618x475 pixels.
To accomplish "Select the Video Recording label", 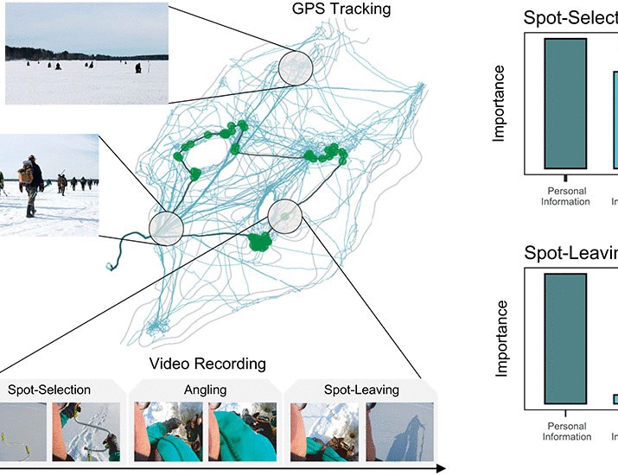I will point(207,364).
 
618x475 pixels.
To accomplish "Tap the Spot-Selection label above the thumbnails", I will point(49,389).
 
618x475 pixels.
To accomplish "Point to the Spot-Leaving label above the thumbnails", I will point(361,389).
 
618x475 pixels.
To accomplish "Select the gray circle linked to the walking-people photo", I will point(166,227).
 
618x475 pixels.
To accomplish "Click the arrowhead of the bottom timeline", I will point(440,469).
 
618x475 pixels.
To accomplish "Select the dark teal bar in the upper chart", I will point(566,103).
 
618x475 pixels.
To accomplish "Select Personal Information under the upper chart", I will point(567,197).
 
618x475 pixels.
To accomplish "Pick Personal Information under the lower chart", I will point(567,432).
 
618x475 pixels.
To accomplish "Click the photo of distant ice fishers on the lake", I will point(74,54).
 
